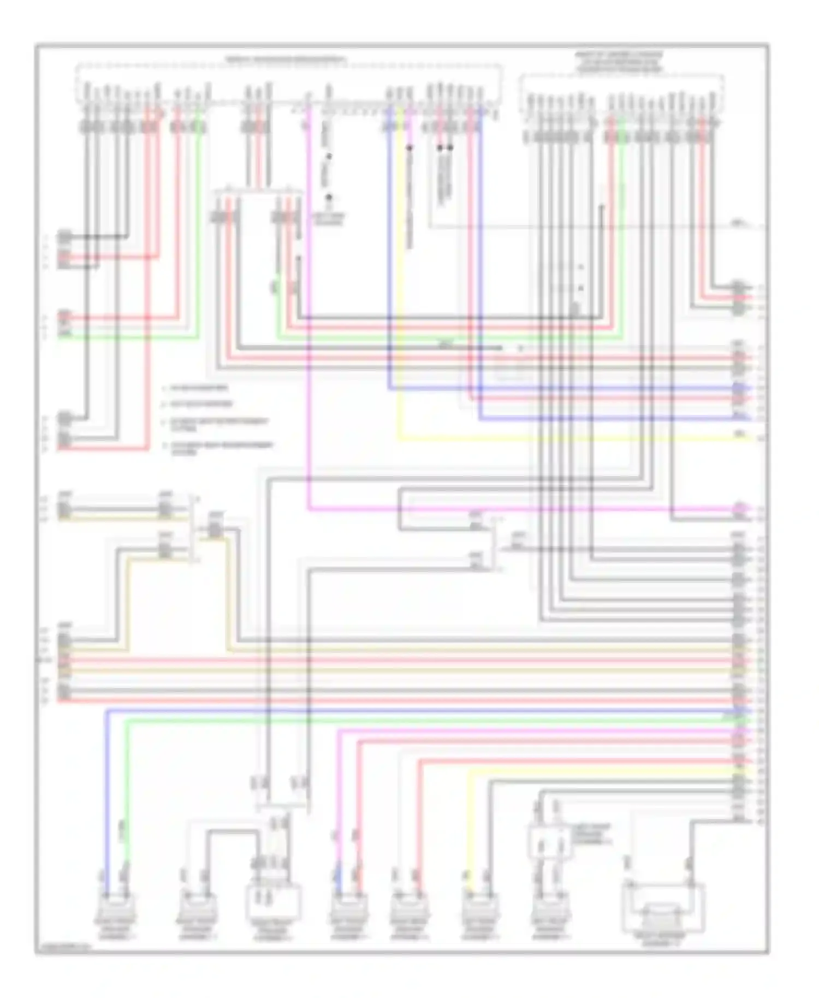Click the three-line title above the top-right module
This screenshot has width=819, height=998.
coord(619,63)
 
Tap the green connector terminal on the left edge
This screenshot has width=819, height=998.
coord(64,335)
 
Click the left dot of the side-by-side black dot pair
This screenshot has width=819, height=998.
coord(440,147)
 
